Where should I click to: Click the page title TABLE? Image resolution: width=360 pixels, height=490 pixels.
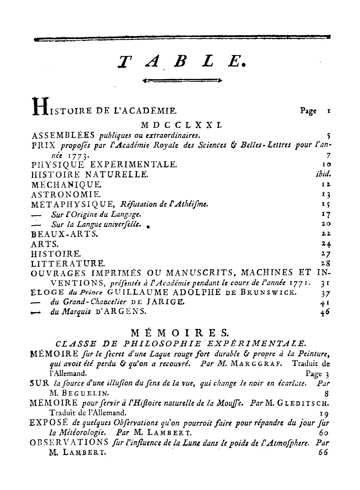pyautogui.click(x=181, y=62)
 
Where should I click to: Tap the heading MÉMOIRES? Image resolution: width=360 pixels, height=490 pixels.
pyautogui.click(x=180, y=334)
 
